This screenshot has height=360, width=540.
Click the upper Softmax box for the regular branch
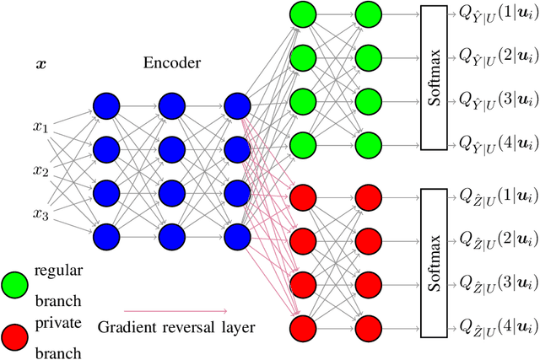[x=445, y=80]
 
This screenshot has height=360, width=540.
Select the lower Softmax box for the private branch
[x=445, y=263]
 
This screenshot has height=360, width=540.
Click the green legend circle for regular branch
[x=15, y=282]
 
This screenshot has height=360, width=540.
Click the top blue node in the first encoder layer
[x=106, y=106]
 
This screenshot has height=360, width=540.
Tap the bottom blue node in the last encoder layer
[x=237, y=234]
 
